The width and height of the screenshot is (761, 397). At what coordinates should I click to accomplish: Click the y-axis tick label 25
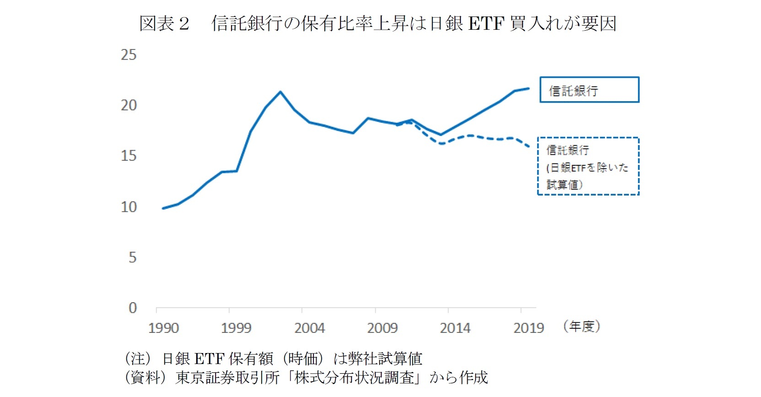129,55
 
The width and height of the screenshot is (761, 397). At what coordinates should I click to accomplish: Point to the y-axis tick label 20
129,105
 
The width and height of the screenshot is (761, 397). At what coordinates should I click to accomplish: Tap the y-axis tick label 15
129,156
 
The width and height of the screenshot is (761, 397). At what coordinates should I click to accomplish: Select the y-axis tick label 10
129,207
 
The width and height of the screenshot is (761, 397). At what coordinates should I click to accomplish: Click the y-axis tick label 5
132,257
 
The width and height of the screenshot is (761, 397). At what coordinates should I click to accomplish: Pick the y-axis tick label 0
132,308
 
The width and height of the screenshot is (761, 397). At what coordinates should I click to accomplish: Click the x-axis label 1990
163,328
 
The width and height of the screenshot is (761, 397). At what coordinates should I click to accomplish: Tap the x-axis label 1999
236,328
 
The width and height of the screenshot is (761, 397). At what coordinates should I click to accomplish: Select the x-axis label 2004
309,328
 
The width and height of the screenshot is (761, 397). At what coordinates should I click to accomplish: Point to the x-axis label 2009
382,328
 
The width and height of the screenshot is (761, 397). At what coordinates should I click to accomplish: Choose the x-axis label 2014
455,328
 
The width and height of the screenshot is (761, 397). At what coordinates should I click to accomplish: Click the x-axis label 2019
529,328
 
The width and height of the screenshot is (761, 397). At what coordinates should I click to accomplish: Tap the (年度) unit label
582,326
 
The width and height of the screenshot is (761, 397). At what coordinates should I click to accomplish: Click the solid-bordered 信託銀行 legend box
589,90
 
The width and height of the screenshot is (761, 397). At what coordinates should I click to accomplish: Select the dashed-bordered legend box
588,166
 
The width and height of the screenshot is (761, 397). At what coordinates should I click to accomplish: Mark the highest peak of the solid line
281,92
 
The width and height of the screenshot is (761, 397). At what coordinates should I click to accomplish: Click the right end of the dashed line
529,147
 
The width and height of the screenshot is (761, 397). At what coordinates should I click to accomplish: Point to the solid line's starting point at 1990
163,208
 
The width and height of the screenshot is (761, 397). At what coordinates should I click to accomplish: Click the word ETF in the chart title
486,23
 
